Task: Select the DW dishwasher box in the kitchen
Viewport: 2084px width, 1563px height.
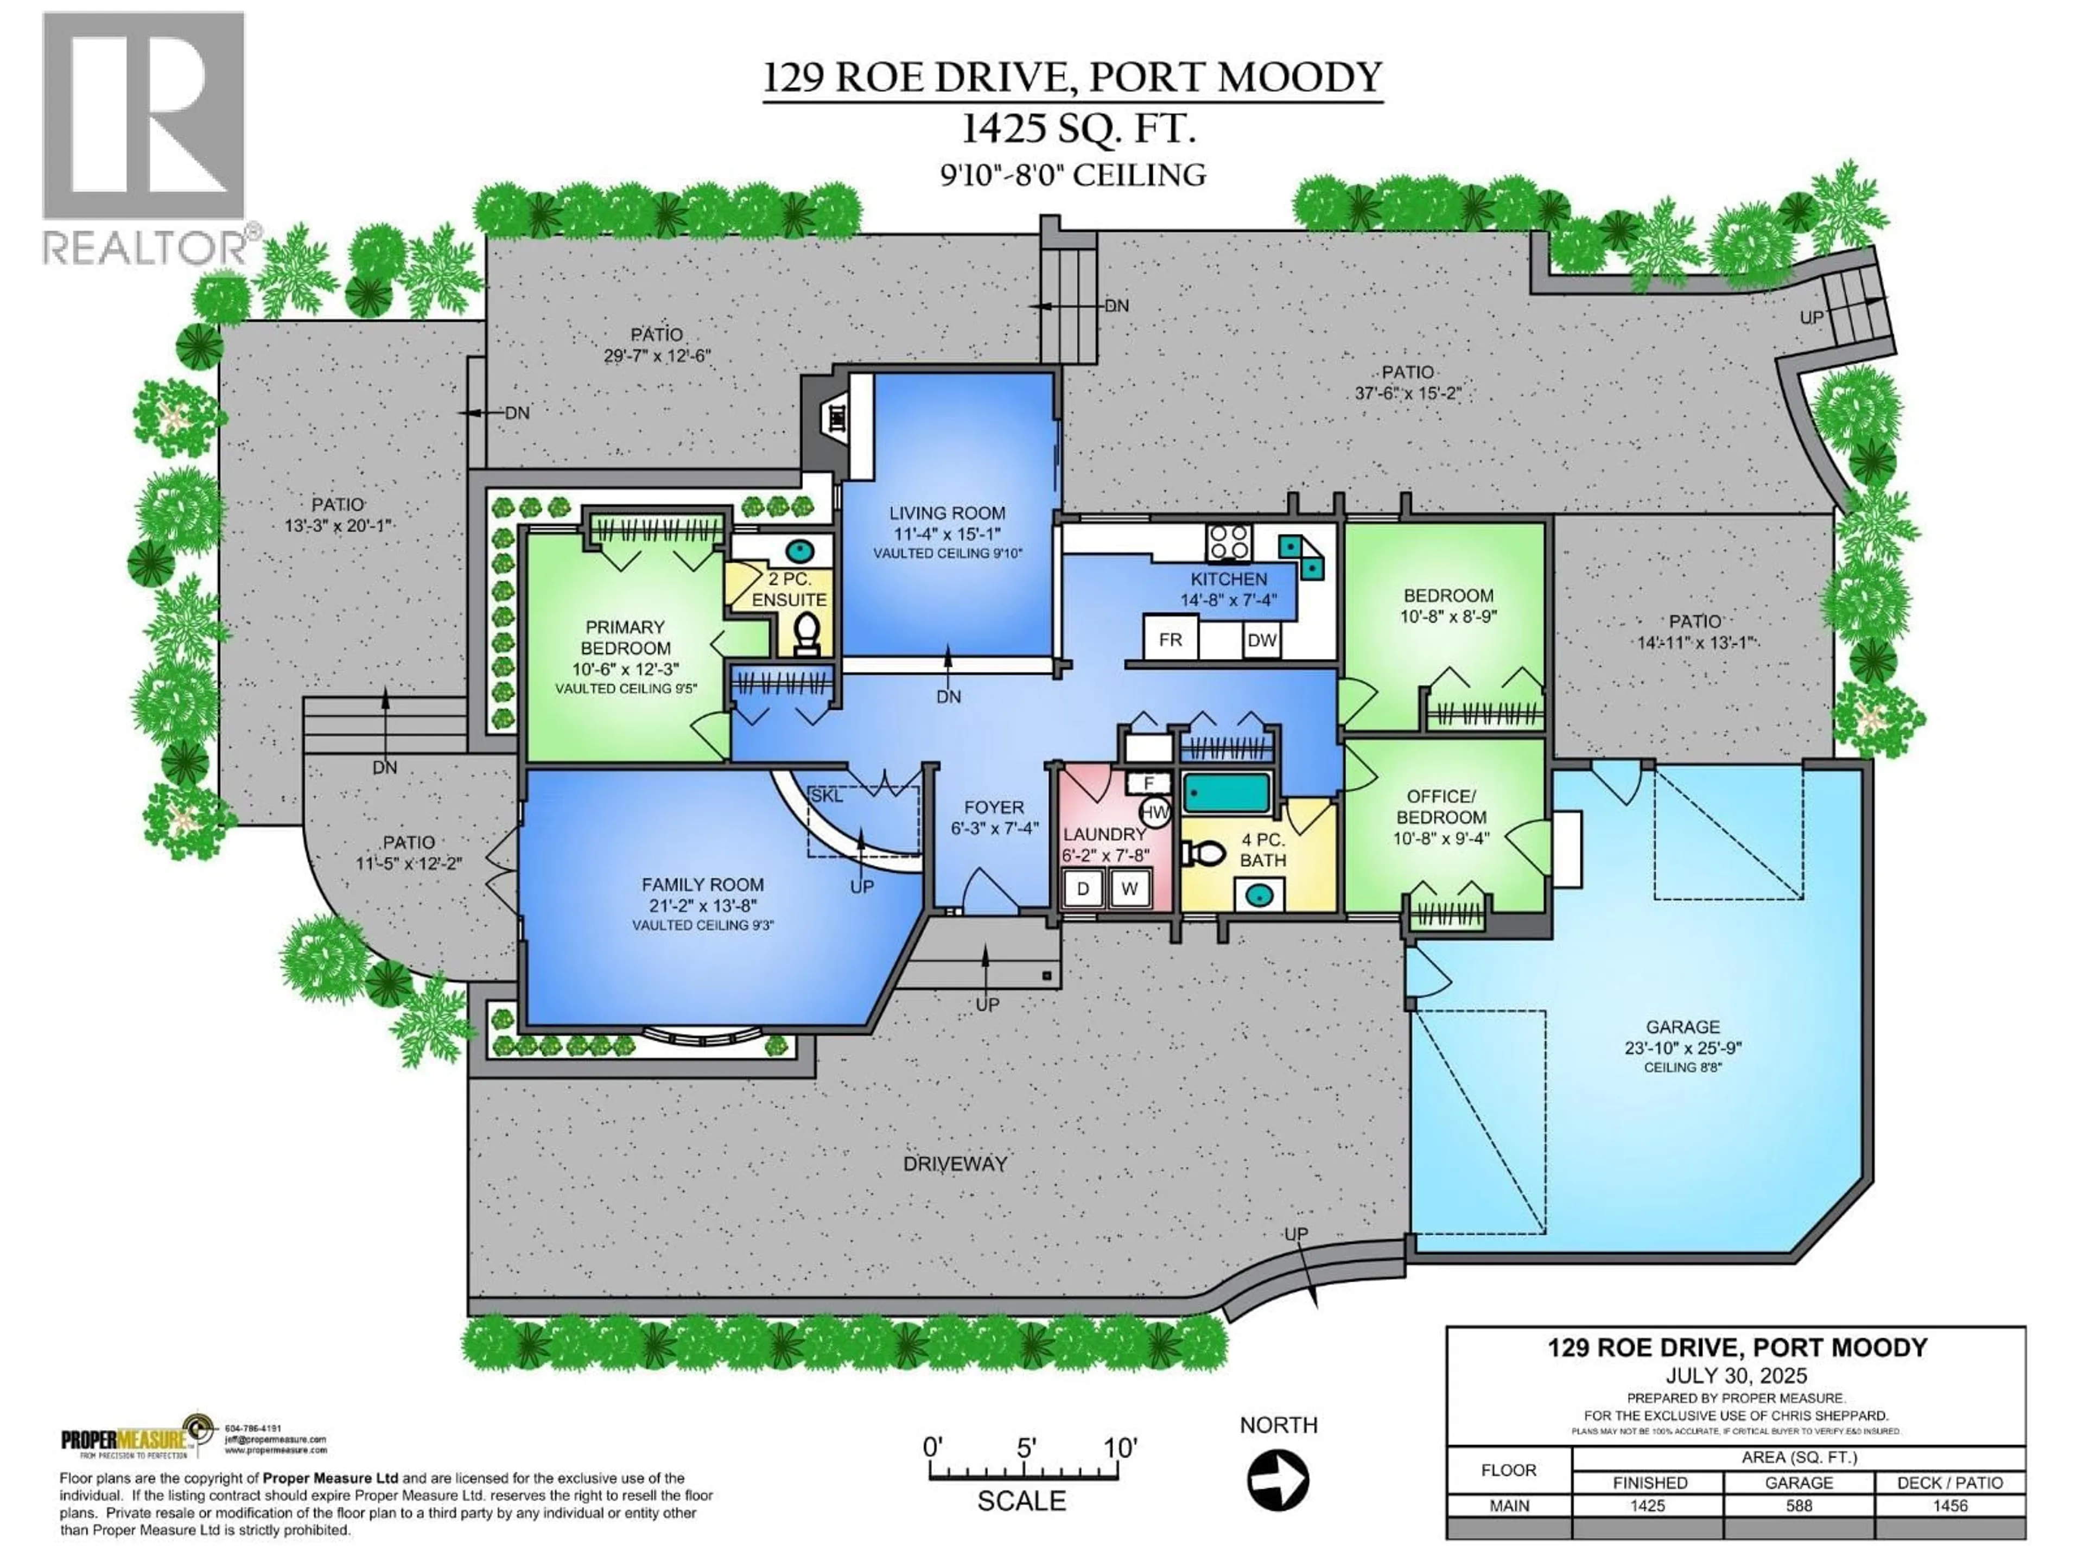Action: (1261, 640)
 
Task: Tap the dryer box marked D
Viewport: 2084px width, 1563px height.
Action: (1083, 888)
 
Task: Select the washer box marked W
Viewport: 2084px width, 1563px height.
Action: (1129, 888)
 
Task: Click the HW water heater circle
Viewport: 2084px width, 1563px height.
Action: (1155, 812)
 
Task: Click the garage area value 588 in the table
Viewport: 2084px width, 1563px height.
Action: (1799, 1505)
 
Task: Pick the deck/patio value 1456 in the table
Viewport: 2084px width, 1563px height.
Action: (1949, 1505)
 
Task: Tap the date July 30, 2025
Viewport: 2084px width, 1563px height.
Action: (1736, 1376)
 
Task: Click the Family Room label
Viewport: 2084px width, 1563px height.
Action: (702, 885)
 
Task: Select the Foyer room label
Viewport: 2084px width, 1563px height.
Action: (993, 808)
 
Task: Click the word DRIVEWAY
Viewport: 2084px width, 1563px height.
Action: (955, 1164)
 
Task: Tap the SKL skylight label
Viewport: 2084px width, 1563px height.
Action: (826, 796)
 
